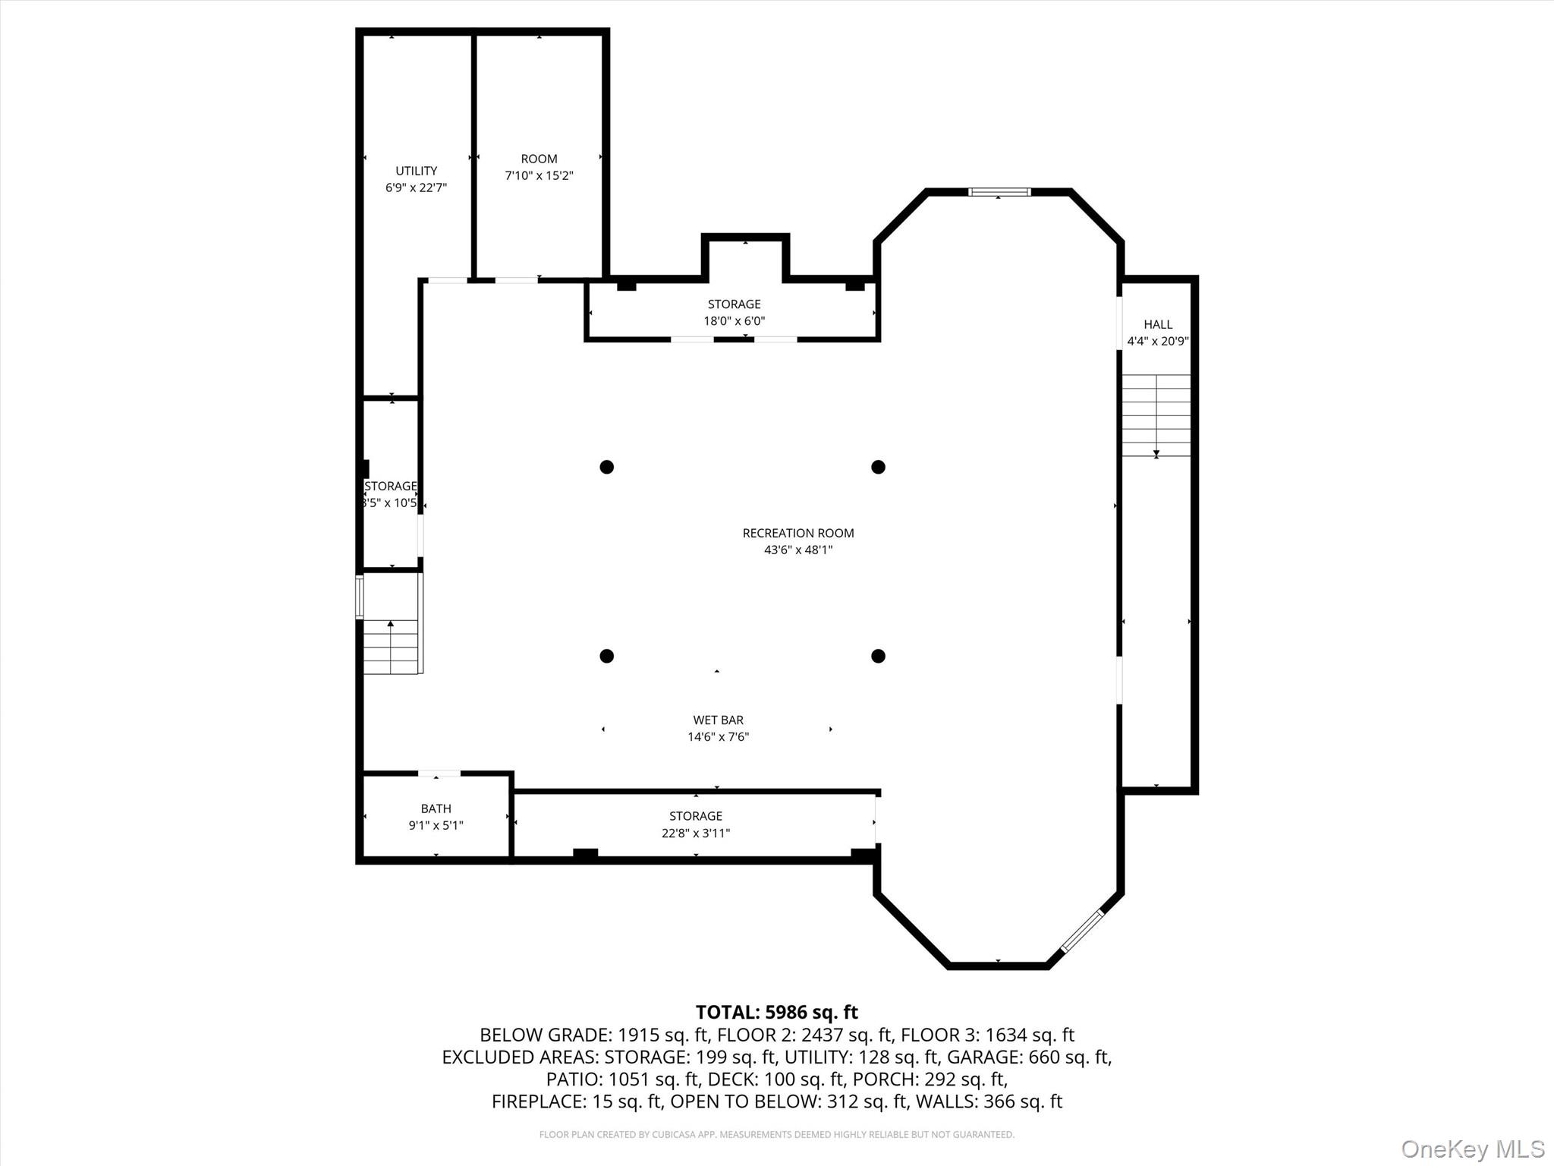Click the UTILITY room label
(416, 171)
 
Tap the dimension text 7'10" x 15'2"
(539, 176)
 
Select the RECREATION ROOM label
(798, 533)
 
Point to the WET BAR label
(718, 720)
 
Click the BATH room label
(436, 808)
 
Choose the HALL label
(1158, 324)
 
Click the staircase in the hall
(1156, 415)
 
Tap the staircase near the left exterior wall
(391, 646)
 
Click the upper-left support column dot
(606, 467)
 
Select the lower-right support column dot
(878, 656)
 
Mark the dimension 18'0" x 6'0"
(734, 321)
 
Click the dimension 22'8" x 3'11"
(695, 833)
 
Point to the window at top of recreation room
(999, 192)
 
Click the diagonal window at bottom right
(1081, 931)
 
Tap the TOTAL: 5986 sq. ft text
(776, 1012)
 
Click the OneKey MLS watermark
(1472, 1149)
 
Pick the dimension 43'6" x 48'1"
(798, 550)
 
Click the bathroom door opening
(439, 774)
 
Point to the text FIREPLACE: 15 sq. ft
(577, 1101)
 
